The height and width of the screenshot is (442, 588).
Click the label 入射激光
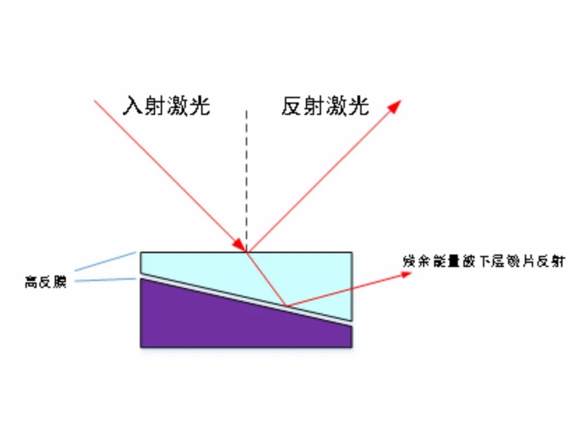pyautogui.click(x=166, y=106)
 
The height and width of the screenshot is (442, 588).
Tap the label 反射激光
pyautogui.click(x=325, y=106)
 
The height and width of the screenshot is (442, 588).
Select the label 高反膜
pyautogui.click(x=46, y=283)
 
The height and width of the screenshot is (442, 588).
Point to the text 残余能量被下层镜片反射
pyautogui.click(x=483, y=261)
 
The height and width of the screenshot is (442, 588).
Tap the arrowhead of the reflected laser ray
pyautogui.click(x=394, y=106)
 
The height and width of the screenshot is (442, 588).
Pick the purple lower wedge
pyautogui.click(x=218, y=321)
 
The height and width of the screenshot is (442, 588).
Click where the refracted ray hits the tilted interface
pyautogui.click(x=286, y=306)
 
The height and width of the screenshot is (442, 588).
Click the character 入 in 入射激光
pyautogui.click(x=133, y=106)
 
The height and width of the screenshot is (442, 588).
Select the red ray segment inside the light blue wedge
pyautogui.click(x=266, y=278)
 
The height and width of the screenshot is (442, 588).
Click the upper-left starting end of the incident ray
pyautogui.click(x=96, y=101)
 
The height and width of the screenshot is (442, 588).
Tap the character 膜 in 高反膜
pyautogui.click(x=59, y=283)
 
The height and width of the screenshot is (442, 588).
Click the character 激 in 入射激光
pyautogui.click(x=177, y=106)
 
